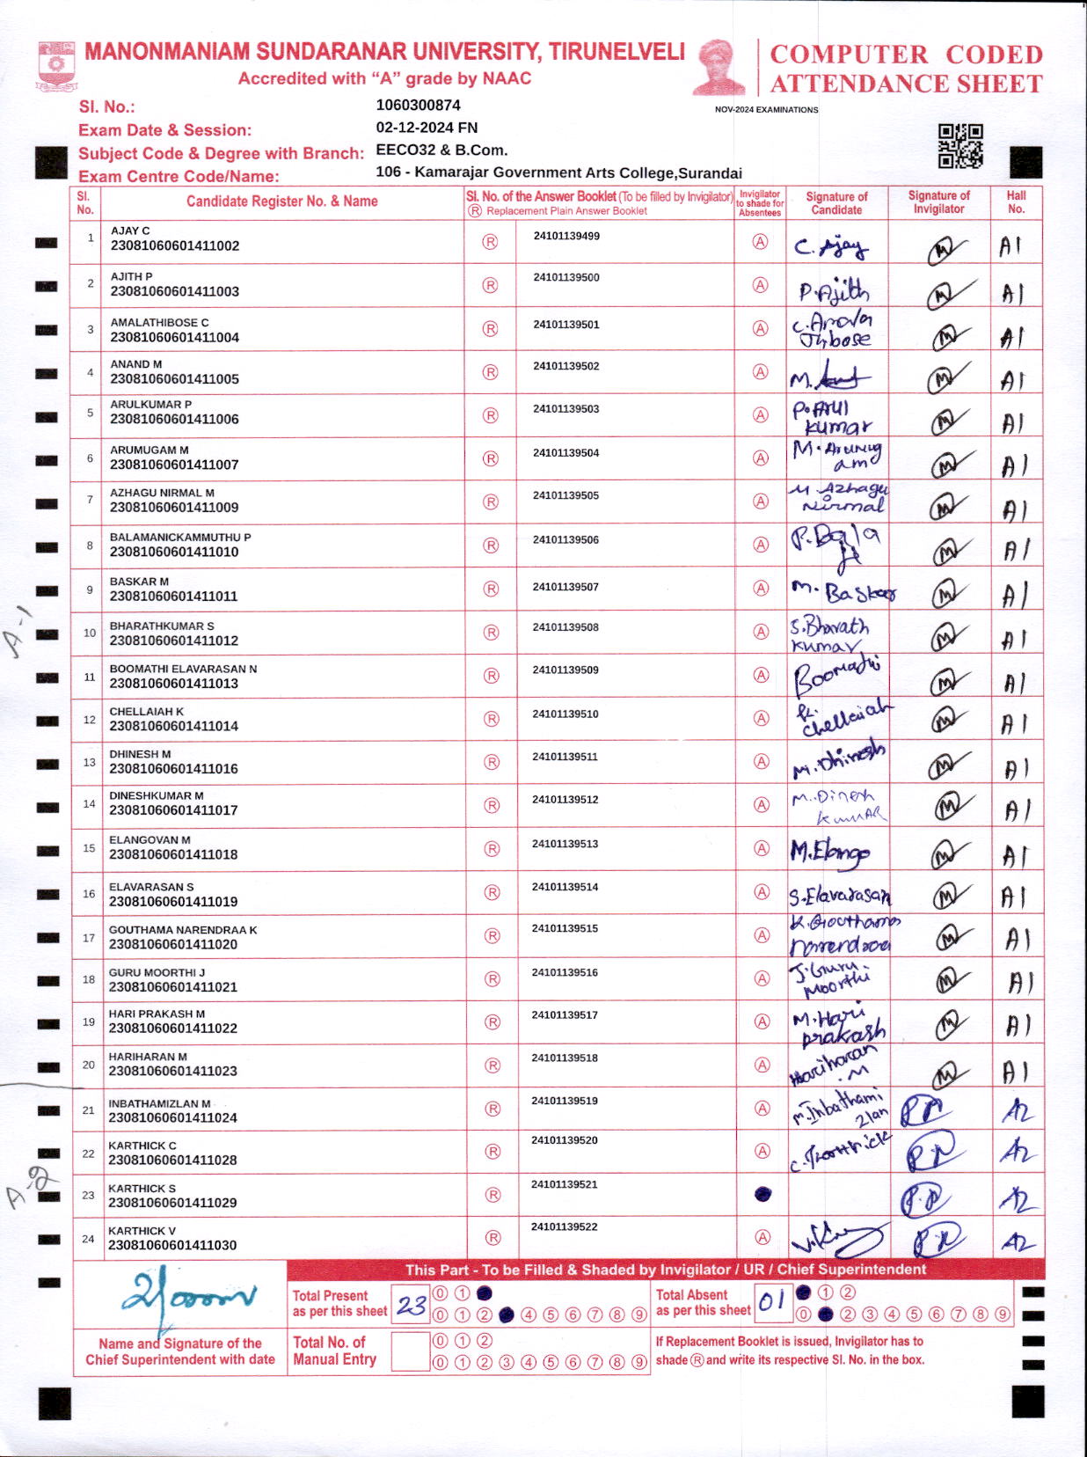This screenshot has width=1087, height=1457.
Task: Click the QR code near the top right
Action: click(x=960, y=146)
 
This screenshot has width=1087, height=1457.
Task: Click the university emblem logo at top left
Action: click(x=57, y=65)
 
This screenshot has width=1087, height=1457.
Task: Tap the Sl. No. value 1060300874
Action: click(x=418, y=106)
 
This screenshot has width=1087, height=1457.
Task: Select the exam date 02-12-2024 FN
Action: click(x=427, y=128)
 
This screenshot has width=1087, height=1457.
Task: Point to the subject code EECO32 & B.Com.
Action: click(x=441, y=150)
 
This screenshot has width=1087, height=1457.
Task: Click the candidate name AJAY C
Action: click(x=130, y=231)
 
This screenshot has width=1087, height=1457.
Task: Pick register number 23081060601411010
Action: click(x=174, y=552)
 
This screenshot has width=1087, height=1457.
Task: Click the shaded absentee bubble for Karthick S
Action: click(x=762, y=1194)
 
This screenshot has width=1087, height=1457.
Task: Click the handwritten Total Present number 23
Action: click(x=411, y=1305)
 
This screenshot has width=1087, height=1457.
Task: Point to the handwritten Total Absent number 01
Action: click(x=771, y=1301)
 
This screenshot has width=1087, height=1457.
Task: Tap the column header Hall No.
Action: click(x=1016, y=202)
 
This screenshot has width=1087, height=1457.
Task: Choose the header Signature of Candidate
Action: click(x=836, y=203)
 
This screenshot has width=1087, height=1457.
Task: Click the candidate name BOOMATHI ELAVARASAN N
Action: click(x=183, y=669)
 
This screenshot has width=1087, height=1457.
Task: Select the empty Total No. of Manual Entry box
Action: click(x=409, y=1351)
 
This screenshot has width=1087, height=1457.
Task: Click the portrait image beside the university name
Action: click(x=719, y=67)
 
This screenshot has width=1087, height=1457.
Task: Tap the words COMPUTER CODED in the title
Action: click(x=906, y=55)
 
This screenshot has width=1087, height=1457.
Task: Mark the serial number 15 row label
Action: click(x=89, y=848)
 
